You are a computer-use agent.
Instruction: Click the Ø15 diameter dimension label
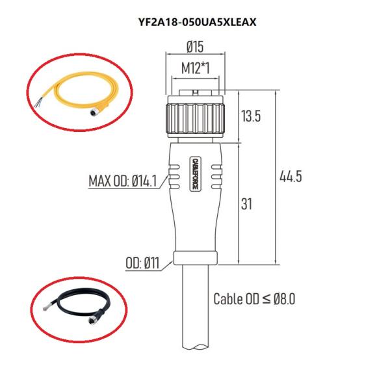coord(196,46)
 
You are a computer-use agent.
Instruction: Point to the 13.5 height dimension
coord(250,117)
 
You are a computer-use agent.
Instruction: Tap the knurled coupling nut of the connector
coord(196,116)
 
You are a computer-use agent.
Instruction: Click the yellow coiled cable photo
coord(78,91)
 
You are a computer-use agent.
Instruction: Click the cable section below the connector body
coord(196,312)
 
